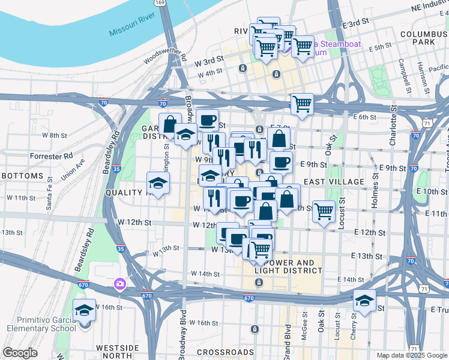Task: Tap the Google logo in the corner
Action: point(20,353)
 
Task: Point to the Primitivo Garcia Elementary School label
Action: point(41,324)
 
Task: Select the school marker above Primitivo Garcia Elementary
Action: point(84,310)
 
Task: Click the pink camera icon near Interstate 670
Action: point(120,282)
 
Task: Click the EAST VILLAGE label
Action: point(334,181)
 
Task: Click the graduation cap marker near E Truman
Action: point(364,300)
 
